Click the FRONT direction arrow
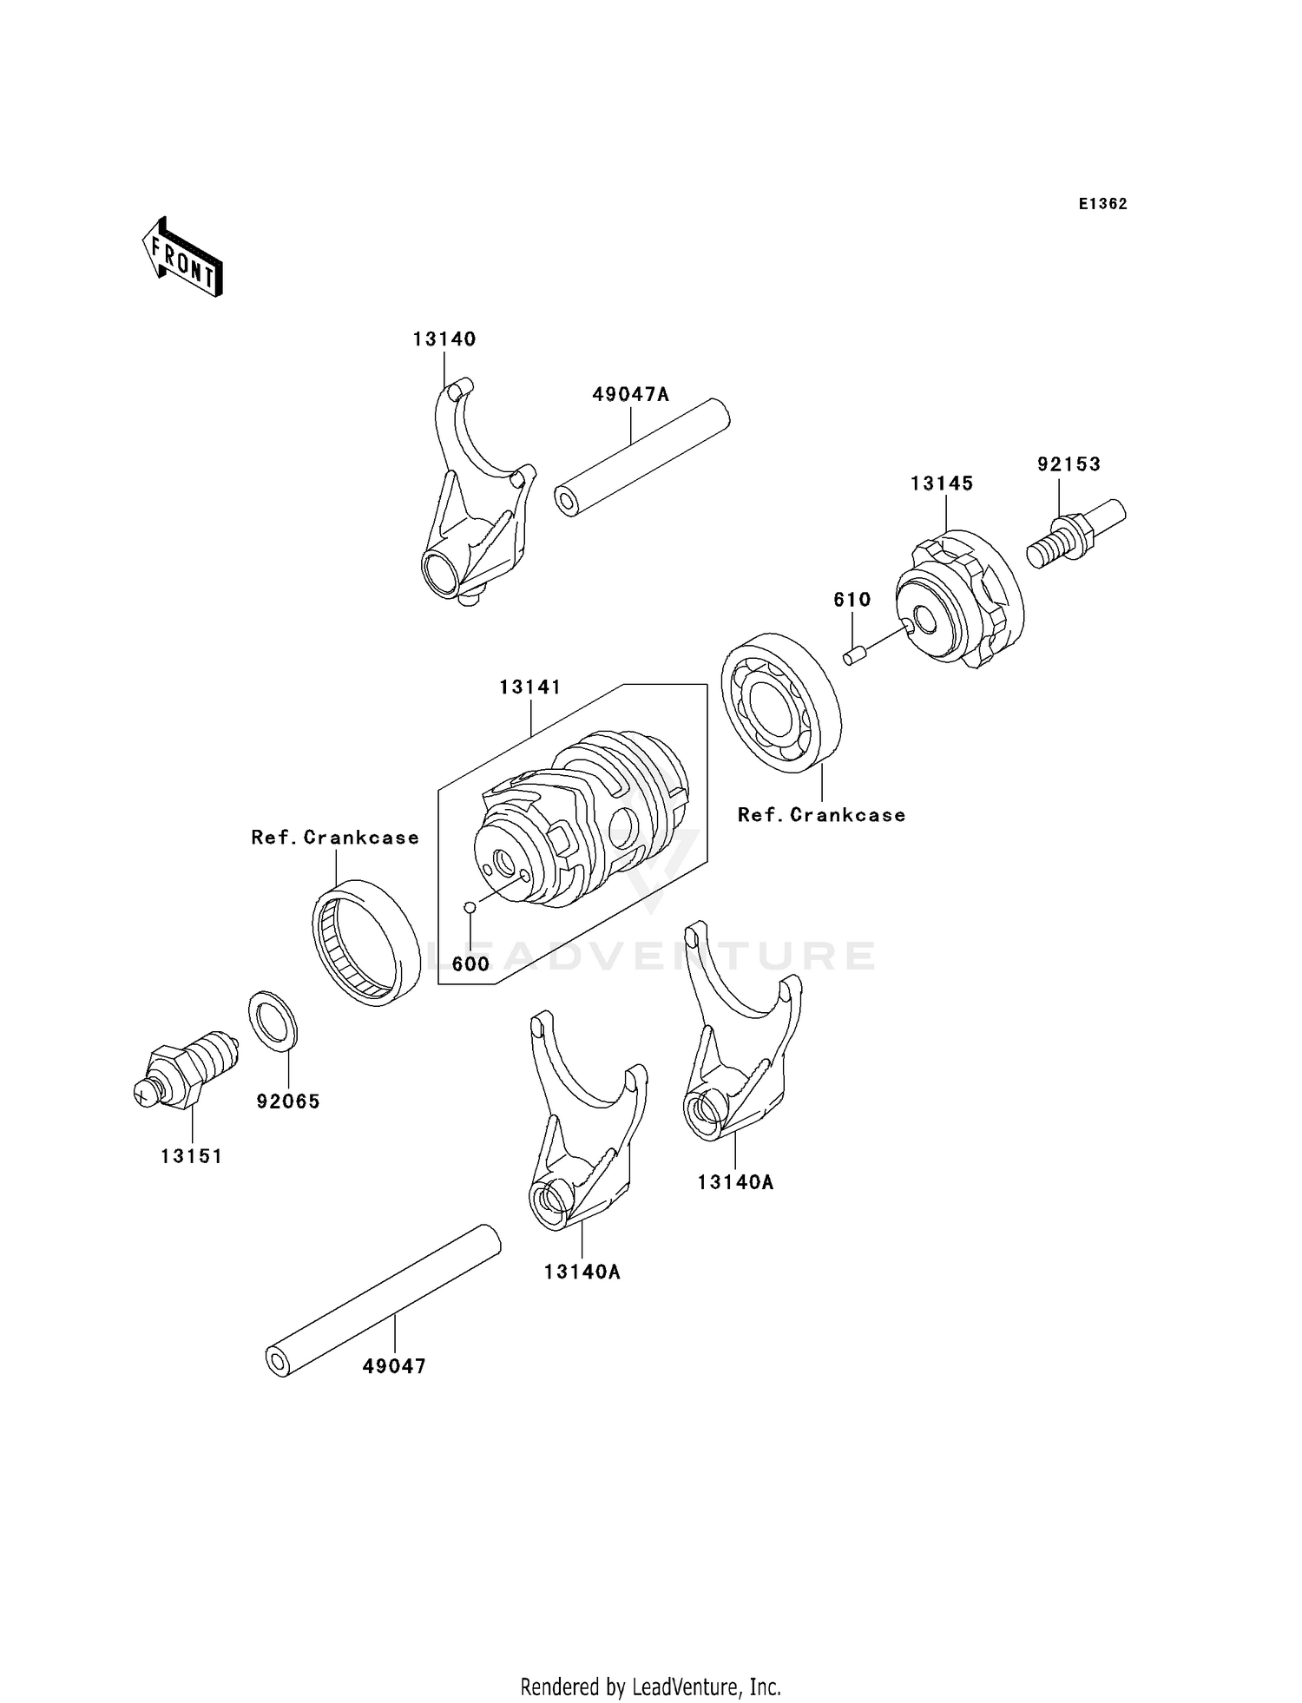183,258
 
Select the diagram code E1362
1102,204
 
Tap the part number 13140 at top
444,339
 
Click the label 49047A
631,395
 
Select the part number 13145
942,483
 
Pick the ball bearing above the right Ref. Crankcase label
781,702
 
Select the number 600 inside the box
470,964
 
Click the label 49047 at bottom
394,1366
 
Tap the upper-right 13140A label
735,1182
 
